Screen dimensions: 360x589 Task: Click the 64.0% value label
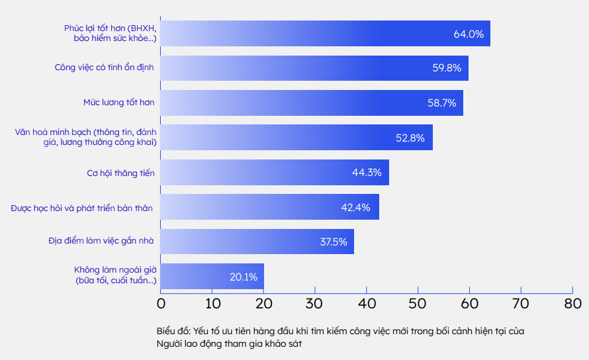(x=469, y=34)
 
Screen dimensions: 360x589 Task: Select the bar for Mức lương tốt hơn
(x=312, y=103)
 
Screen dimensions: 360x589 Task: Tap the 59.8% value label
(x=447, y=68)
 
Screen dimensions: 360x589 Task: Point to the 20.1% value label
(x=244, y=277)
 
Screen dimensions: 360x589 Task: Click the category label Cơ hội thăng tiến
(x=121, y=173)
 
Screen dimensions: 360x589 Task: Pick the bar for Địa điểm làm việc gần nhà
(x=257, y=242)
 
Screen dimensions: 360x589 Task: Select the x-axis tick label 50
(x=418, y=304)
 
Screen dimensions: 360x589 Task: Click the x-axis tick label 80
(x=572, y=304)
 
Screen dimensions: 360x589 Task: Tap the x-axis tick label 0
(x=161, y=304)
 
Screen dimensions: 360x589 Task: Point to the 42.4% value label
(x=355, y=208)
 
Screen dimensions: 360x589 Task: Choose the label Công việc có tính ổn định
(x=105, y=67)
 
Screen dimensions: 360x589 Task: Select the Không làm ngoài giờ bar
(x=212, y=277)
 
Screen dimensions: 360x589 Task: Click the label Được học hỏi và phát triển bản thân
(x=82, y=208)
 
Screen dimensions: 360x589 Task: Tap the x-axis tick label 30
(x=315, y=304)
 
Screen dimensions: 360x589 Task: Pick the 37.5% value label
(x=334, y=242)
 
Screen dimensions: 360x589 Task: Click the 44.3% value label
(x=367, y=173)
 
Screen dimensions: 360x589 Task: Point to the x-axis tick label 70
(x=521, y=304)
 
